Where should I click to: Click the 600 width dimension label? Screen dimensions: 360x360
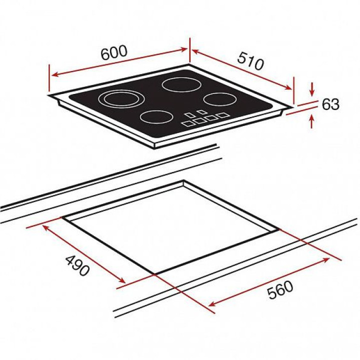point(114,52)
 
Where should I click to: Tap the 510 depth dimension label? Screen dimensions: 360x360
point(250,61)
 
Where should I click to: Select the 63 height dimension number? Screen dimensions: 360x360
point(330,104)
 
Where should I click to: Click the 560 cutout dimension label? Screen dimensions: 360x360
point(280,289)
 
